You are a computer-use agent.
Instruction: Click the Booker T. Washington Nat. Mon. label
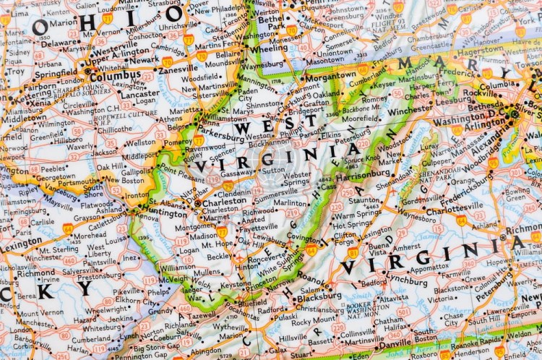point(367,308)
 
